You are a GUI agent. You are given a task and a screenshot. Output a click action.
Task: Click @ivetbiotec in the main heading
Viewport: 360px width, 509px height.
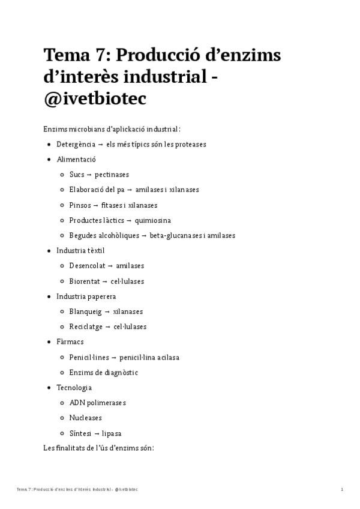(95, 98)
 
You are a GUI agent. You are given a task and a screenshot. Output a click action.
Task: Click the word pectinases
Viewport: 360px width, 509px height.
(111, 175)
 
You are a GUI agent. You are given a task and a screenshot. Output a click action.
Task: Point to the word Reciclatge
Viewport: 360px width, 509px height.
(86, 327)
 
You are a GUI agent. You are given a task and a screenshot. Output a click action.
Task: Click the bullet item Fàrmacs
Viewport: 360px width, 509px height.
(69, 342)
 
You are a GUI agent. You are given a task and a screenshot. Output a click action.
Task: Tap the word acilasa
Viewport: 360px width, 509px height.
(167, 357)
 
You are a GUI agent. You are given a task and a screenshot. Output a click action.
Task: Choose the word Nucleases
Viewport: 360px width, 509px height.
(86, 418)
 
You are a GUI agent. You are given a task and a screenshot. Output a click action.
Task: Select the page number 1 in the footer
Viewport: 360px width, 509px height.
(342, 490)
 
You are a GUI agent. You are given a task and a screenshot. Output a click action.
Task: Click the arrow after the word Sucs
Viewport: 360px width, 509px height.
(89, 175)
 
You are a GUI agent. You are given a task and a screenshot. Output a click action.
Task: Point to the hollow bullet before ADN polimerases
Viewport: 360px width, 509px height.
(63, 403)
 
